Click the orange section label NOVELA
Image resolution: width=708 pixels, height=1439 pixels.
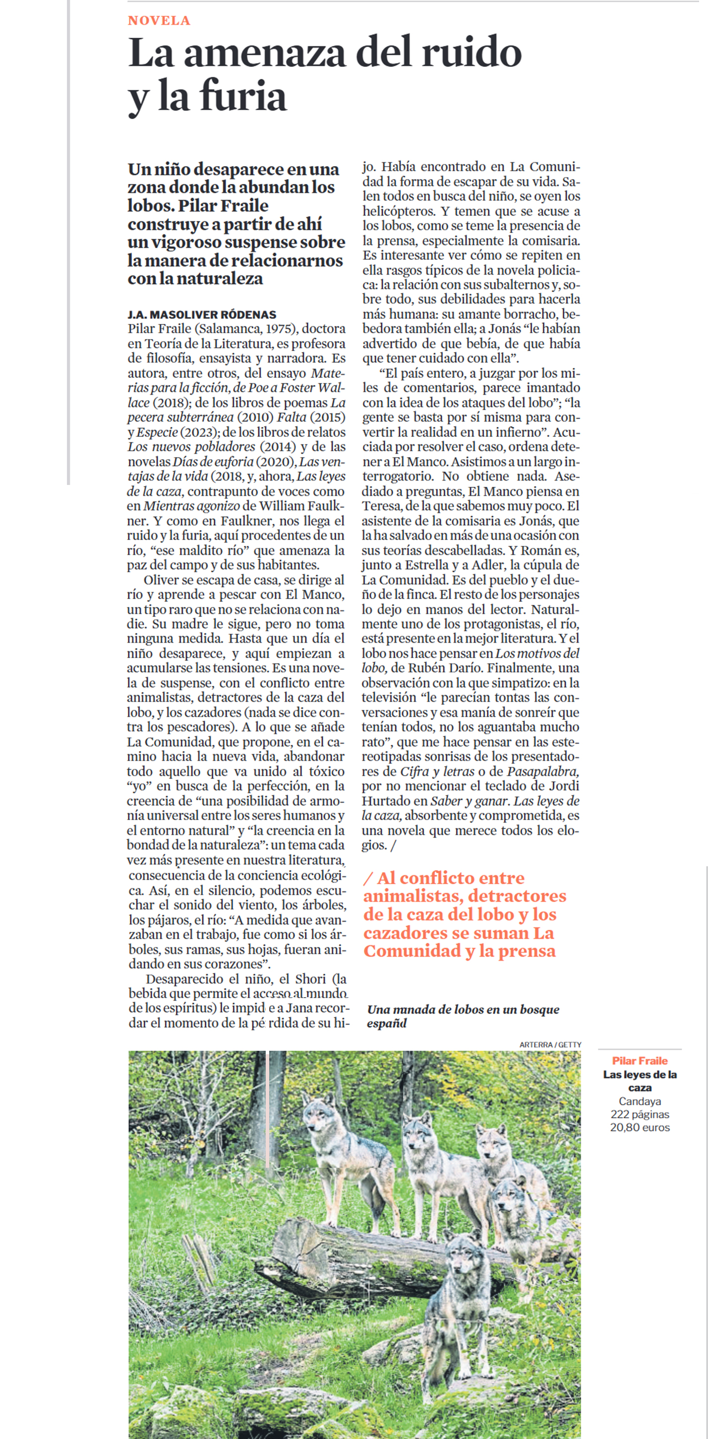click(159, 21)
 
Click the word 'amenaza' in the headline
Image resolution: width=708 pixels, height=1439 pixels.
click(265, 54)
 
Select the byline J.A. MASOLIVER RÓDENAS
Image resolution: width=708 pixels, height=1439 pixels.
click(202, 314)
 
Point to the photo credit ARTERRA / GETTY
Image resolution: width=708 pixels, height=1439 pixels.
click(550, 1044)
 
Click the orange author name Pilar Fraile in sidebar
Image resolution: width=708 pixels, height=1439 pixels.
click(639, 1061)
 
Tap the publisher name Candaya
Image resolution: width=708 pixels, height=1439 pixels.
click(639, 1101)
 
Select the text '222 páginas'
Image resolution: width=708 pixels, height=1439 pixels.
click(639, 1114)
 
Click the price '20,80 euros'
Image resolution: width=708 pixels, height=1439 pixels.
click(639, 1127)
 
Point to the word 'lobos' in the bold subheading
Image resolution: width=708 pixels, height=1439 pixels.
click(150, 206)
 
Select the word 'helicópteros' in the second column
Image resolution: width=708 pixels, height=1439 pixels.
click(399, 211)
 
